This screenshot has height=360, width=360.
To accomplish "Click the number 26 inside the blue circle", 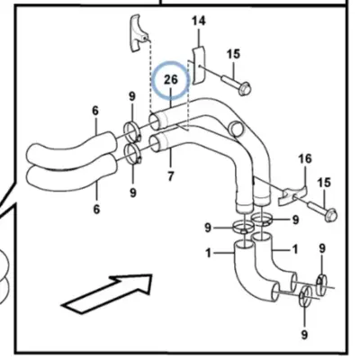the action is coord(171,80).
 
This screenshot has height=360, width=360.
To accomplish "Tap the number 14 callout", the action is coord(199,22).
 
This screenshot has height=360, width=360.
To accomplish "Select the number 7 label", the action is coord(170,176).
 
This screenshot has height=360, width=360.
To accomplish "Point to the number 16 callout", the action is coord(305,158).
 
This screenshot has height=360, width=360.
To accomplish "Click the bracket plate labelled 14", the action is coord(198,65).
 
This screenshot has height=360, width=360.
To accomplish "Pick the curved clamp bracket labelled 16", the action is coord(292,195).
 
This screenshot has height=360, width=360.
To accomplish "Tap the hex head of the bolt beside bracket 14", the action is coord(245,89).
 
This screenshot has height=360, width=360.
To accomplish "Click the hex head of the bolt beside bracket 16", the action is coord(331,215).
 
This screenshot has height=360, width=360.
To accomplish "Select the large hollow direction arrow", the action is coord(108,293).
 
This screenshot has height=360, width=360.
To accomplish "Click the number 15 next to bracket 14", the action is coord(233,54).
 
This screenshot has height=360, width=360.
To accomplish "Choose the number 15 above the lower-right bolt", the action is coord(324,183).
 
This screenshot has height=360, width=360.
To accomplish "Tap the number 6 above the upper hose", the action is coord(95,111).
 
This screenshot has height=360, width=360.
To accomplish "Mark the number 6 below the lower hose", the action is coord(96,209).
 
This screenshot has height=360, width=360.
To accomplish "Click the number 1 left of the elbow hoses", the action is coord(209,254).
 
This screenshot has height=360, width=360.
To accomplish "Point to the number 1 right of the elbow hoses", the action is coord(295,249).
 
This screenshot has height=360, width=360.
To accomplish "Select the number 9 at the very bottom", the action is coord(304,334).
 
